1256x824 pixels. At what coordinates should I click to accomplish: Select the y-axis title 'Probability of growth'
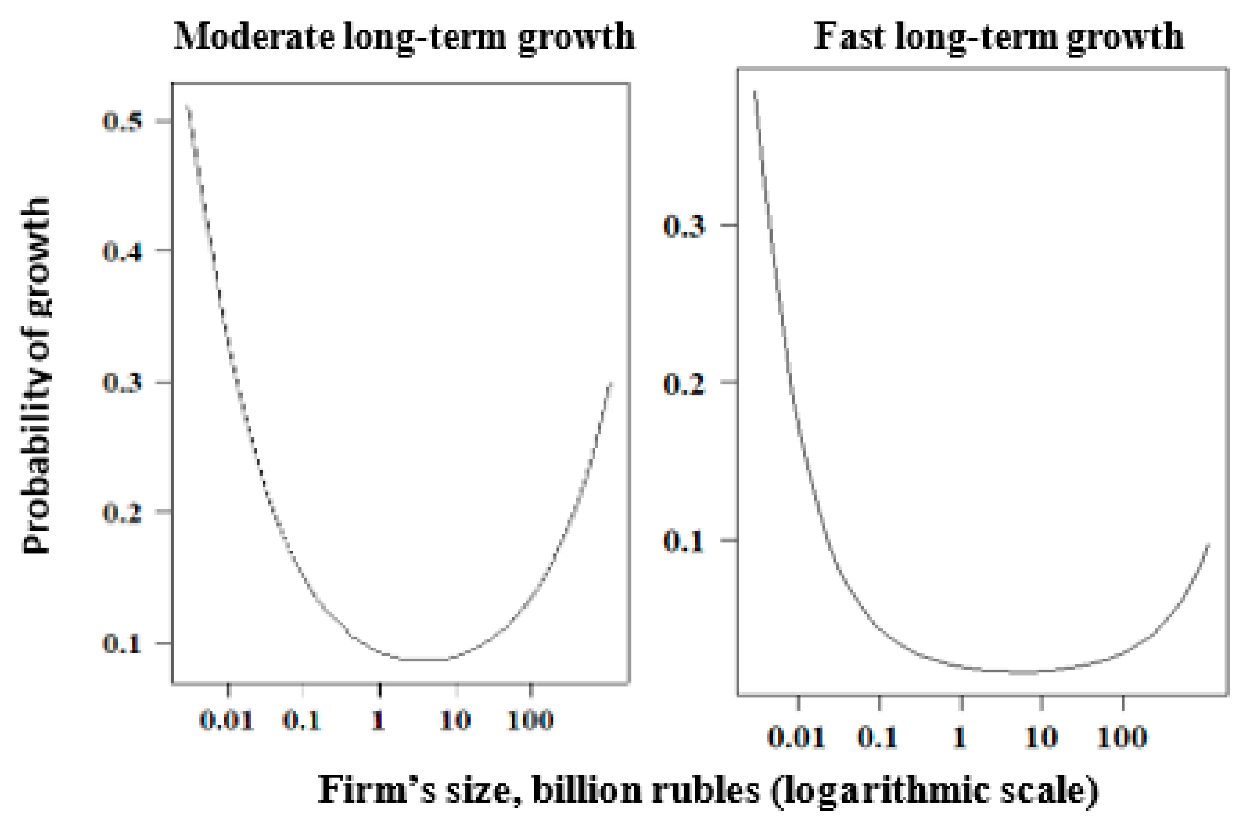(x=36, y=375)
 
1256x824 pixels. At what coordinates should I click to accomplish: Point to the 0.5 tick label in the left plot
(x=122, y=121)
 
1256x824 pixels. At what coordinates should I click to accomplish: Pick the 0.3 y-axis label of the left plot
(x=122, y=383)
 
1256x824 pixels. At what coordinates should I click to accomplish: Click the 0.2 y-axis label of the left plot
(x=122, y=511)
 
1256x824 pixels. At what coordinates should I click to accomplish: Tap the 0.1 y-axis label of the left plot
(x=122, y=643)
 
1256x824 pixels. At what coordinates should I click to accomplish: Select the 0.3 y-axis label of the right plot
(x=684, y=226)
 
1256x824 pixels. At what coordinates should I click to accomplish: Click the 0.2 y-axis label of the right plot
(x=684, y=383)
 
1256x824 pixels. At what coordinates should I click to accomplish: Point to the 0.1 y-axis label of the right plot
(x=684, y=541)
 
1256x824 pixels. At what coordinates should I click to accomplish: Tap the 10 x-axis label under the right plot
(x=1041, y=737)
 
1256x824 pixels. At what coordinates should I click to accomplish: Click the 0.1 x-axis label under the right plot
(x=877, y=737)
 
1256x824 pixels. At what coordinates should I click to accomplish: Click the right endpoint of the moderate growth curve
(x=611, y=383)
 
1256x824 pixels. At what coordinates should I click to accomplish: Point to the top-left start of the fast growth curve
(x=755, y=92)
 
